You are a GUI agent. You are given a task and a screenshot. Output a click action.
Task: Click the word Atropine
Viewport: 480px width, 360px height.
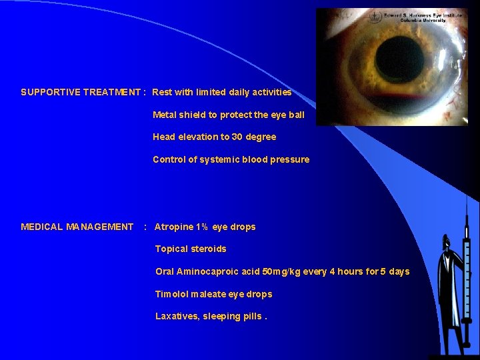coord(173,227)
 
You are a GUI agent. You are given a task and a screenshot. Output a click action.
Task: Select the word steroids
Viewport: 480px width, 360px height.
coord(208,249)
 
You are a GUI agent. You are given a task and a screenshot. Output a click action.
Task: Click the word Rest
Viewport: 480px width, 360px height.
coord(163,92)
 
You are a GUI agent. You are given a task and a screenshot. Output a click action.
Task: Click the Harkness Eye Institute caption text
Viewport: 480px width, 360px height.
coord(408,17)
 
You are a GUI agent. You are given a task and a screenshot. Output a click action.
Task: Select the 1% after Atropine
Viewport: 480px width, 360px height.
coord(202,227)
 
